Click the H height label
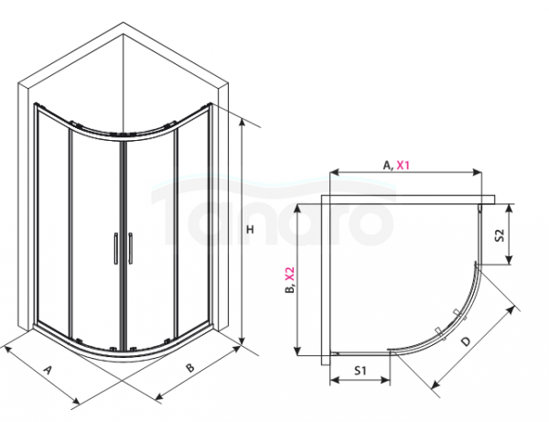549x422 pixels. coord(249,233)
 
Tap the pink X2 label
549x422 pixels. coord(289,276)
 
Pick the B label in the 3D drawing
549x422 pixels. coord(190,368)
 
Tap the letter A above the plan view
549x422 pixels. coord(388,166)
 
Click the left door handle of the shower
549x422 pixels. coord(114,249)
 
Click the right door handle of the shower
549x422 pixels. coord(131,249)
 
